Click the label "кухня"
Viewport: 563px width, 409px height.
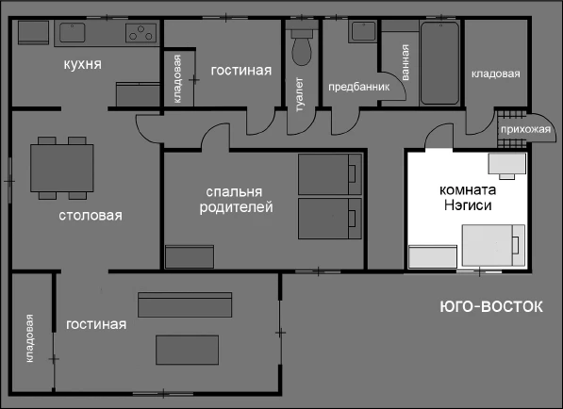(83, 64)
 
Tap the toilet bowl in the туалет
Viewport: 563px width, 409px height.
(302, 47)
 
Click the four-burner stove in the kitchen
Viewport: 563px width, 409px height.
(141, 34)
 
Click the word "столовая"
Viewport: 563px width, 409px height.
(90, 216)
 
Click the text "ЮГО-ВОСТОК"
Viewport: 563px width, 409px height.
(491, 306)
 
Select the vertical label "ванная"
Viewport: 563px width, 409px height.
(406, 62)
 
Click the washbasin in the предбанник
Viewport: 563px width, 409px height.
(362, 31)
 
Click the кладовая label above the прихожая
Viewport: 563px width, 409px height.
(495, 73)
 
